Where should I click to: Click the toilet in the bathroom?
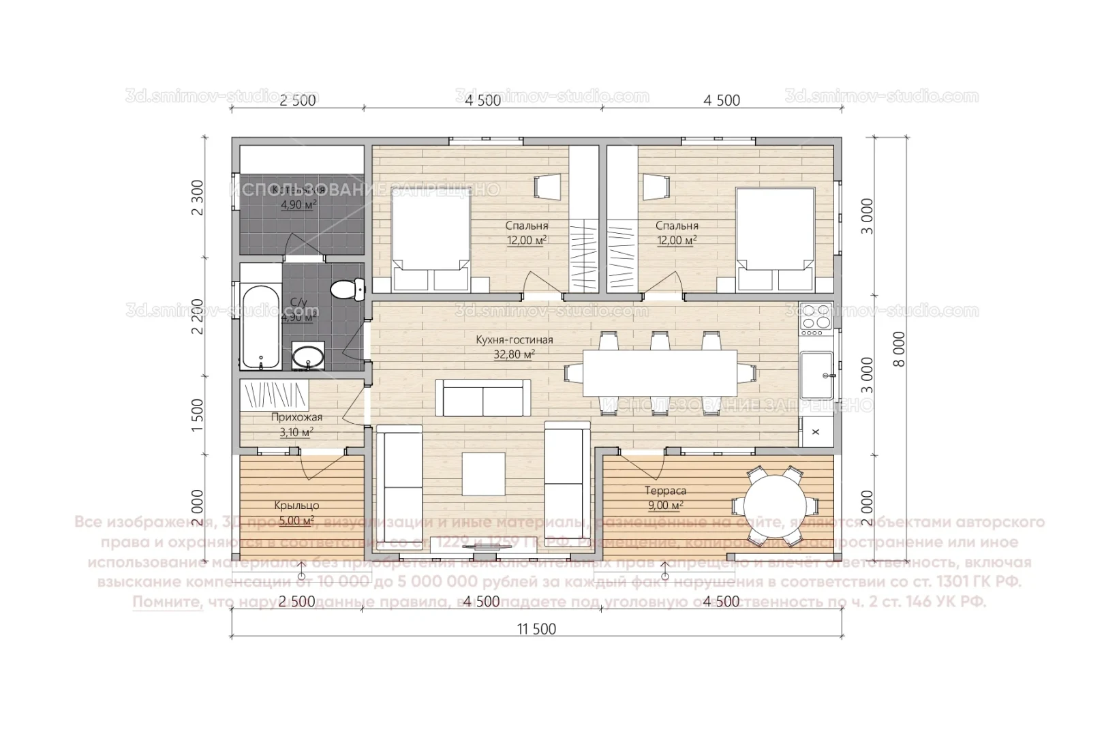tap(348, 289)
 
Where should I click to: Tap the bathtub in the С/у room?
tap(260, 327)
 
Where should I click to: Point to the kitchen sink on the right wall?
tap(816, 375)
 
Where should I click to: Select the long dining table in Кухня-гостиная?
tap(659, 373)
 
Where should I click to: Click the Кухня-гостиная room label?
tap(515, 340)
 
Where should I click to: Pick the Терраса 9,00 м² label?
tap(665, 497)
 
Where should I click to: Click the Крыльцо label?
tap(296, 506)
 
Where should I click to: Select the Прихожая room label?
tap(296, 418)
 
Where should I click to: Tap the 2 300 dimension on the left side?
tap(198, 198)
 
